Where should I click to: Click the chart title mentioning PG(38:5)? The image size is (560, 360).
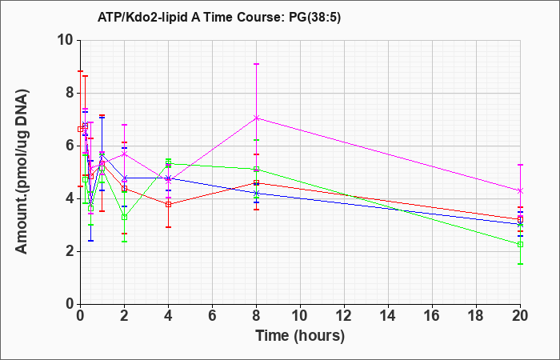click(219, 17)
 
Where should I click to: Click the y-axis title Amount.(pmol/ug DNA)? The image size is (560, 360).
click(22, 172)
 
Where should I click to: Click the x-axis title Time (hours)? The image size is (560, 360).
click(300, 336)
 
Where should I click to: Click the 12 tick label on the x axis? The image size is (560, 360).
click(344, 316)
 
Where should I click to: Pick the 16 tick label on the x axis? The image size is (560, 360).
click(432, 316)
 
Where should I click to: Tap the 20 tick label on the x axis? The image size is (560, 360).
click(520, 316)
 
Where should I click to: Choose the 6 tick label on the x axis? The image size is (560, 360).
click(212, 316)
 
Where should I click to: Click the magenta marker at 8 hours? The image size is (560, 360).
click(256, 118)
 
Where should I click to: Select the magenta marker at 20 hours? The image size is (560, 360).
click(520, 190)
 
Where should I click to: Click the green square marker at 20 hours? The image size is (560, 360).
click(520, 244)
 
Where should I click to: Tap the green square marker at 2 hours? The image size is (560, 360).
click(124, 217)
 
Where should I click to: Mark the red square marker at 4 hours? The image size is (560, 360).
click(168, 204)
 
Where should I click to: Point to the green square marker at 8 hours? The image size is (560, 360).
click(256, 169)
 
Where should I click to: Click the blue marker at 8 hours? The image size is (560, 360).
click(256, 194)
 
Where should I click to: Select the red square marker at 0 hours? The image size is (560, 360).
click(80, 130)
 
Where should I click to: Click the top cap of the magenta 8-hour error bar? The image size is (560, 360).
click(256, 64)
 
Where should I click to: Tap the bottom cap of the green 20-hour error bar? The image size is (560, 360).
click(520, 264)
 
